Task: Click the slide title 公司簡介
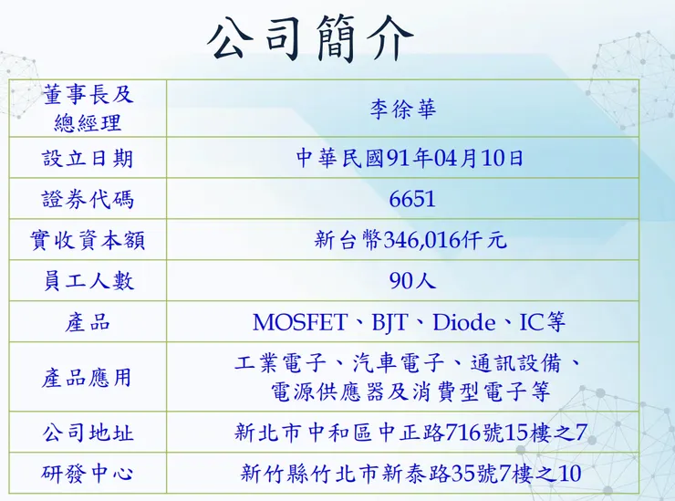[311, 38]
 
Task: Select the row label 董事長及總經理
[88, 108]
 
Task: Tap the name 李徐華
[402, 110]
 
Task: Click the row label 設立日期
[88, 158]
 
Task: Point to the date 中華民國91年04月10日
[410, 158]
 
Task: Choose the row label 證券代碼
[88, 199]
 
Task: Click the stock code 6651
[412, 199]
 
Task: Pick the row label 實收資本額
[88, 240]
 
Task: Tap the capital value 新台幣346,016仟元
[410, 240]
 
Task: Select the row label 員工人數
[88, 281]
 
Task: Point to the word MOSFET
[299, 322]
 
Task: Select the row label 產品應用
[88, 377]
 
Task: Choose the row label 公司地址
[88, 433]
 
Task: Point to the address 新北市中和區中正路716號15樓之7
[410, 433]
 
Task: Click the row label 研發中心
[88, 475]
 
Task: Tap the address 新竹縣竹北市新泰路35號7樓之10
[410, 475]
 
